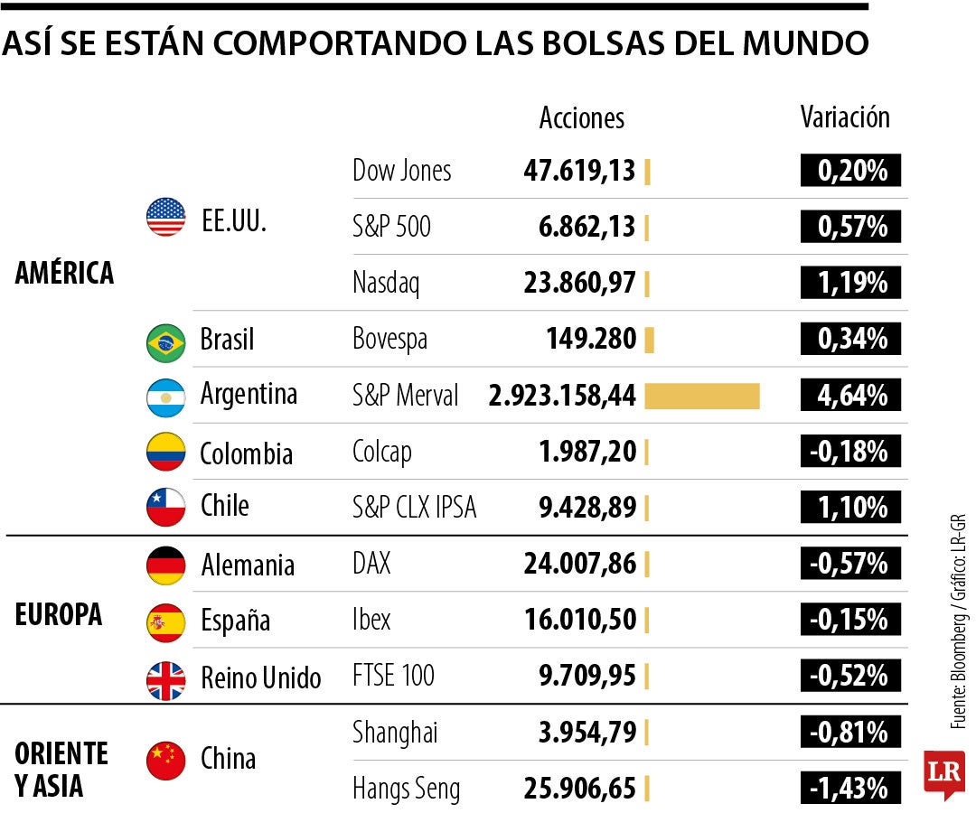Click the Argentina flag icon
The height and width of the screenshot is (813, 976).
(x=165, y=397)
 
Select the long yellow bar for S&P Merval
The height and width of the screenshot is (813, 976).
(x=701, y=396)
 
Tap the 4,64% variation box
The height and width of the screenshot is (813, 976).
(x=850, y=396)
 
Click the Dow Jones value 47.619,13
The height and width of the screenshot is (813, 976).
(x=579, y=171)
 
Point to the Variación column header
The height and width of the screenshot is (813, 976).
(x=845, y=117)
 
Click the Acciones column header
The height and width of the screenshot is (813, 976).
(x=581, y=118)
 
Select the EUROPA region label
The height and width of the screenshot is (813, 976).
(x=59, y=615)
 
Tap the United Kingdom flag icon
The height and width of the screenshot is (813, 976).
(x=165, y=679)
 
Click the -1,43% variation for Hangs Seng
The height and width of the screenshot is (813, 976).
(x=850, y=788)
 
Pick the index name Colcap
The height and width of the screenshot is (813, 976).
(x=381, y=451)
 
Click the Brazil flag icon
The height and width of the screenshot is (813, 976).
(x=165, y=341)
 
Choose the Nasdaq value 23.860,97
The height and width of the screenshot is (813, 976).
(x=579, y=284)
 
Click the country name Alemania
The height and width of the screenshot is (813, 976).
(x=248, y=565)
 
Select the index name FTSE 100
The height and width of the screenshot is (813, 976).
(x=393, y=675)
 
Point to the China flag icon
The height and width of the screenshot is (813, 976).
(x=165, y=760)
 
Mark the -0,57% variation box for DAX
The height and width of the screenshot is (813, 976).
(x=850, y=565)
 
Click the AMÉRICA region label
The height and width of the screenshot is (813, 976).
(x=65, y=273)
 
